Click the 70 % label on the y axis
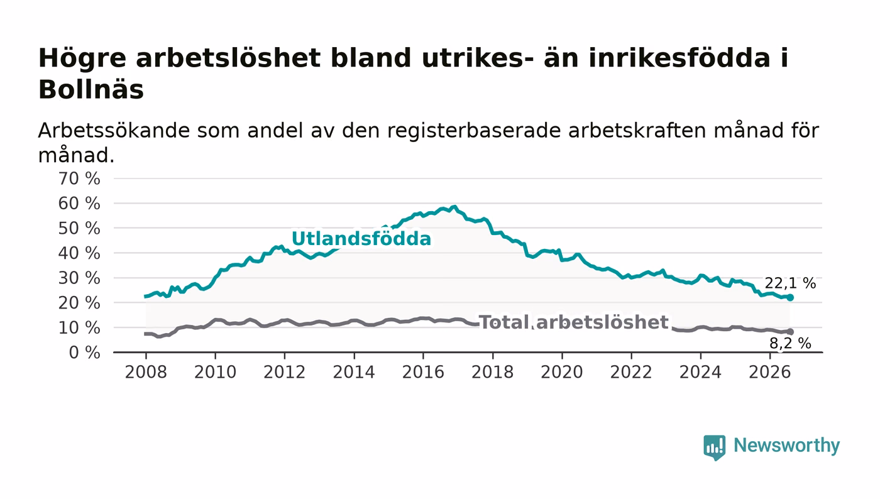click(79, 178)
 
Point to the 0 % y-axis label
click(84, 353)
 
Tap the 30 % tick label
click(79, 278)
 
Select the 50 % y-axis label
click(79, 228)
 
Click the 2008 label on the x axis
click(146, 372)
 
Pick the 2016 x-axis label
click(423, 372)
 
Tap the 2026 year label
click(769, 372)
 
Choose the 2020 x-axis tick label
click(562, 372)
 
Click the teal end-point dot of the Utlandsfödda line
click(790, 298)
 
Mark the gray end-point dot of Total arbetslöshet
click(790, 332)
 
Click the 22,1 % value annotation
click(790, 283)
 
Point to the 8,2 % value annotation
click(790, 343)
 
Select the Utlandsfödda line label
click(361, 238)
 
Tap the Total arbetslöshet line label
click(574, 322)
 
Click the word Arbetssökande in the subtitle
click(114, 131)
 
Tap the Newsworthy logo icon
click(714, 447)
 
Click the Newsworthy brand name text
click(786, 446)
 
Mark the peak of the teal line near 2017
click(455, 207)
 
